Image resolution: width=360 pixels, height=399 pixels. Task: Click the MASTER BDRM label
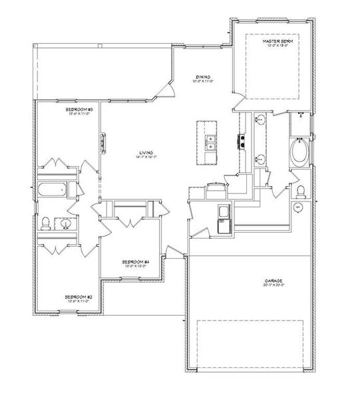[278, 41]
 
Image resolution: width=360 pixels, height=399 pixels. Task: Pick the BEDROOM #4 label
[135, 262]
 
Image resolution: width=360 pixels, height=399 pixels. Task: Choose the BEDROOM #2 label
[78, 297]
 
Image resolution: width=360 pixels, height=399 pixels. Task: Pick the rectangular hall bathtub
[52, 190]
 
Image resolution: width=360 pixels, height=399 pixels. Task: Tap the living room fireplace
[102, 143]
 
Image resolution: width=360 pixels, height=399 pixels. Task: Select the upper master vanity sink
[260, 120]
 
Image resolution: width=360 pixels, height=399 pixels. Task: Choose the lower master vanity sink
[260, 160]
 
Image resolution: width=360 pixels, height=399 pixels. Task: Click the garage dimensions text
[273, 287]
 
